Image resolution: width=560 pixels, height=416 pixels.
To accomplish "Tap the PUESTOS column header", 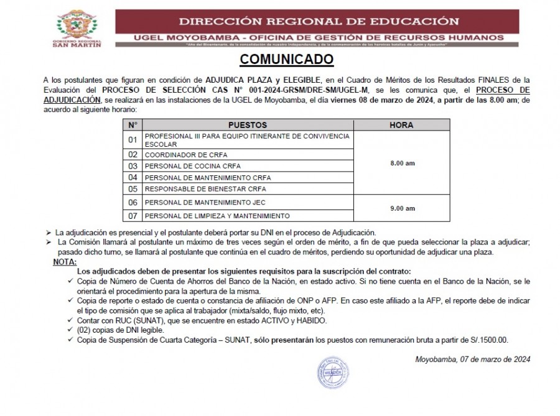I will point(247,125).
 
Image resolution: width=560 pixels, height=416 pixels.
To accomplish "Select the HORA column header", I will point(401,125).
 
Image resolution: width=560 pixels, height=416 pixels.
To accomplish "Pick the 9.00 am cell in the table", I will point(402,209).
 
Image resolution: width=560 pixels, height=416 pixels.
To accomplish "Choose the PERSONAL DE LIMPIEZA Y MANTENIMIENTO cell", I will point(217,216).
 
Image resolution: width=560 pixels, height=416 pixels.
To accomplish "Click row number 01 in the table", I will point(132,140).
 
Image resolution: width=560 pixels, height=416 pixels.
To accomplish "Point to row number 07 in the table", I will point(132,216).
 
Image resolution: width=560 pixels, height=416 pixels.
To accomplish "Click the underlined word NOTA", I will point(65,262).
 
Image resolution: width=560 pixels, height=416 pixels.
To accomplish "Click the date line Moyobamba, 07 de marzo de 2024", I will point(472,359).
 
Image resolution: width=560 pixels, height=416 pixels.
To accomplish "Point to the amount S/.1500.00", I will point(488,340).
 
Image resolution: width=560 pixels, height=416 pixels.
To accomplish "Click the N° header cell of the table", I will point(132,125).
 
